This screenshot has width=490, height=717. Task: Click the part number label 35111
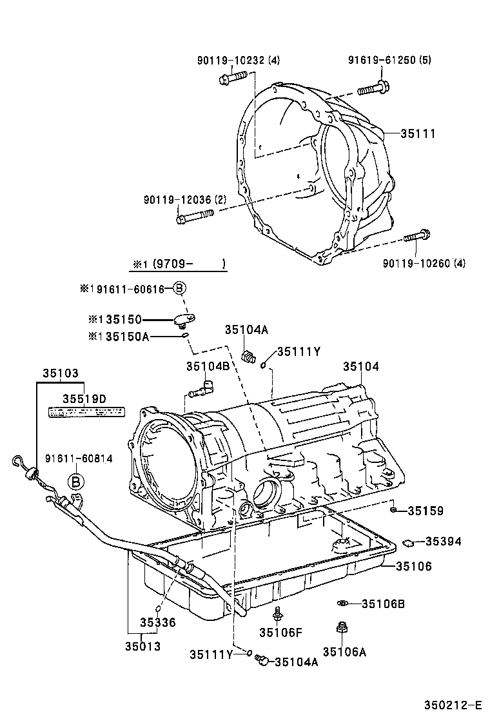418,134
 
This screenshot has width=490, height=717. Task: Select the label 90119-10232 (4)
238,61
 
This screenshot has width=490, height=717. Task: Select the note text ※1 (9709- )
179,264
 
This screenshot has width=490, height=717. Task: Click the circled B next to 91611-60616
179,289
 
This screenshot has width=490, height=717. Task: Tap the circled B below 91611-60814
76,481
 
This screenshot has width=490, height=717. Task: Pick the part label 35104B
208,367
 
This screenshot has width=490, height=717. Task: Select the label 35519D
84,399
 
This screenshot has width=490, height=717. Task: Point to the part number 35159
425,511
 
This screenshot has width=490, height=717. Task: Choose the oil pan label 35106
413,567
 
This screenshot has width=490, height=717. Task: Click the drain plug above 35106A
342,628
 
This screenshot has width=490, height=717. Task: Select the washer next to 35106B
342,604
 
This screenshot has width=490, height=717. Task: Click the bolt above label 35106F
278,613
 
